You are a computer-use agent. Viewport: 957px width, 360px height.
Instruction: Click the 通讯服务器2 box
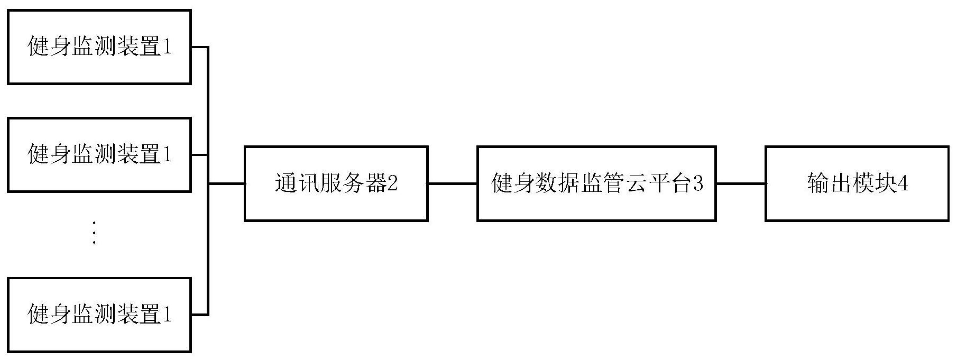point(336,183)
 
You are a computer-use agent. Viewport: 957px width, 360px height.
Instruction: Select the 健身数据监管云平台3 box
point(596,183)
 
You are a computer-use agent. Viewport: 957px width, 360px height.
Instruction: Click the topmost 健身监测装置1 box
point(99,47)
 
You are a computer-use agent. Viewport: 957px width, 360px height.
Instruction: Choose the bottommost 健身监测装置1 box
point(99,315)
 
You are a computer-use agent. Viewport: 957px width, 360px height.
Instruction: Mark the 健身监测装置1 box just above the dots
point(99,154)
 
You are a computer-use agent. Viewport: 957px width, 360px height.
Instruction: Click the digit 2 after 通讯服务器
point(392,184)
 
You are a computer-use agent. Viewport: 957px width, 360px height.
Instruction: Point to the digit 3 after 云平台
point(698,184)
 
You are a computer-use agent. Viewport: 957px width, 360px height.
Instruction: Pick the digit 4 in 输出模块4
point(903,184)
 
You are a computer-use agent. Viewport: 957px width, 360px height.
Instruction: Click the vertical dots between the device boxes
point(94,233)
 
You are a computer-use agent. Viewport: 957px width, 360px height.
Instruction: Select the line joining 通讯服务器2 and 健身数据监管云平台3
point(452,183)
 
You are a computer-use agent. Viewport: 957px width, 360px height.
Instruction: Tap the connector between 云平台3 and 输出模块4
point(741,183)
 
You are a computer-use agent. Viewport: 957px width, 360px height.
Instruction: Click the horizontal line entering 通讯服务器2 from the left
point(227,183)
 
